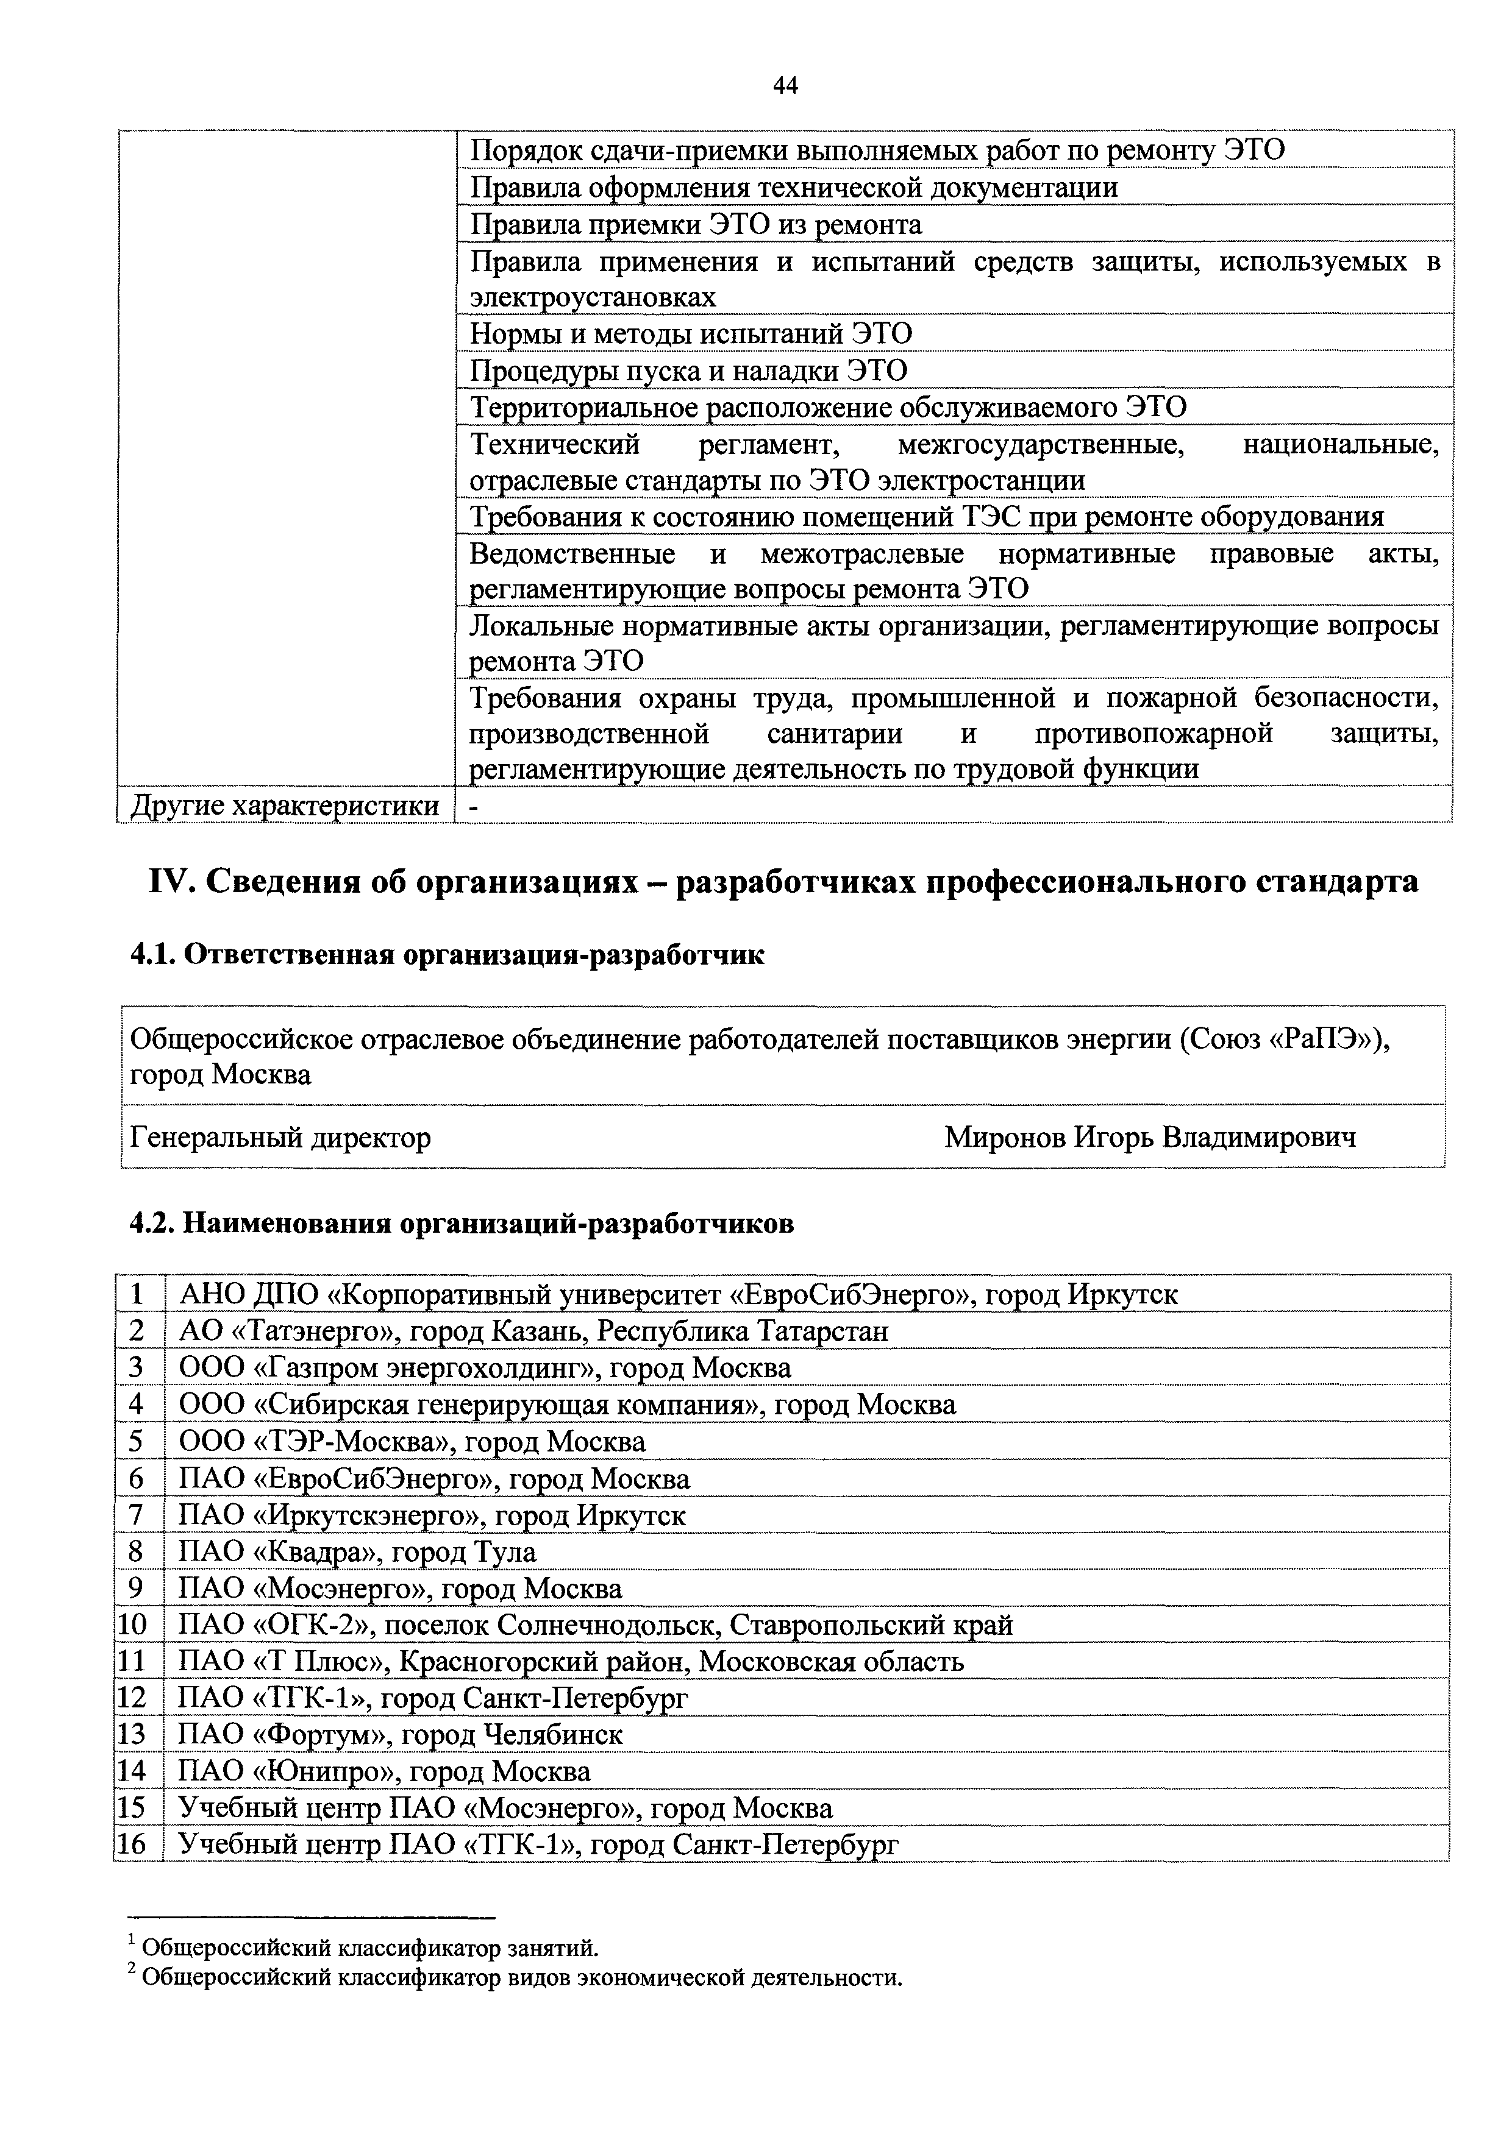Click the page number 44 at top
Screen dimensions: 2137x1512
coord(785,87)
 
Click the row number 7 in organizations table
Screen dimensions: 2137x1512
coord(137,1515)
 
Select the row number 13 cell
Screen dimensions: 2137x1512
coord(133,1735)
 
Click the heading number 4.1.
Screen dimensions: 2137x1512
coord(152,955)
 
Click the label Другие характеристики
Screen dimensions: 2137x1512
coord(284,805)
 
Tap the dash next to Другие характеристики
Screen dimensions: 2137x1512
coord(474,806)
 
